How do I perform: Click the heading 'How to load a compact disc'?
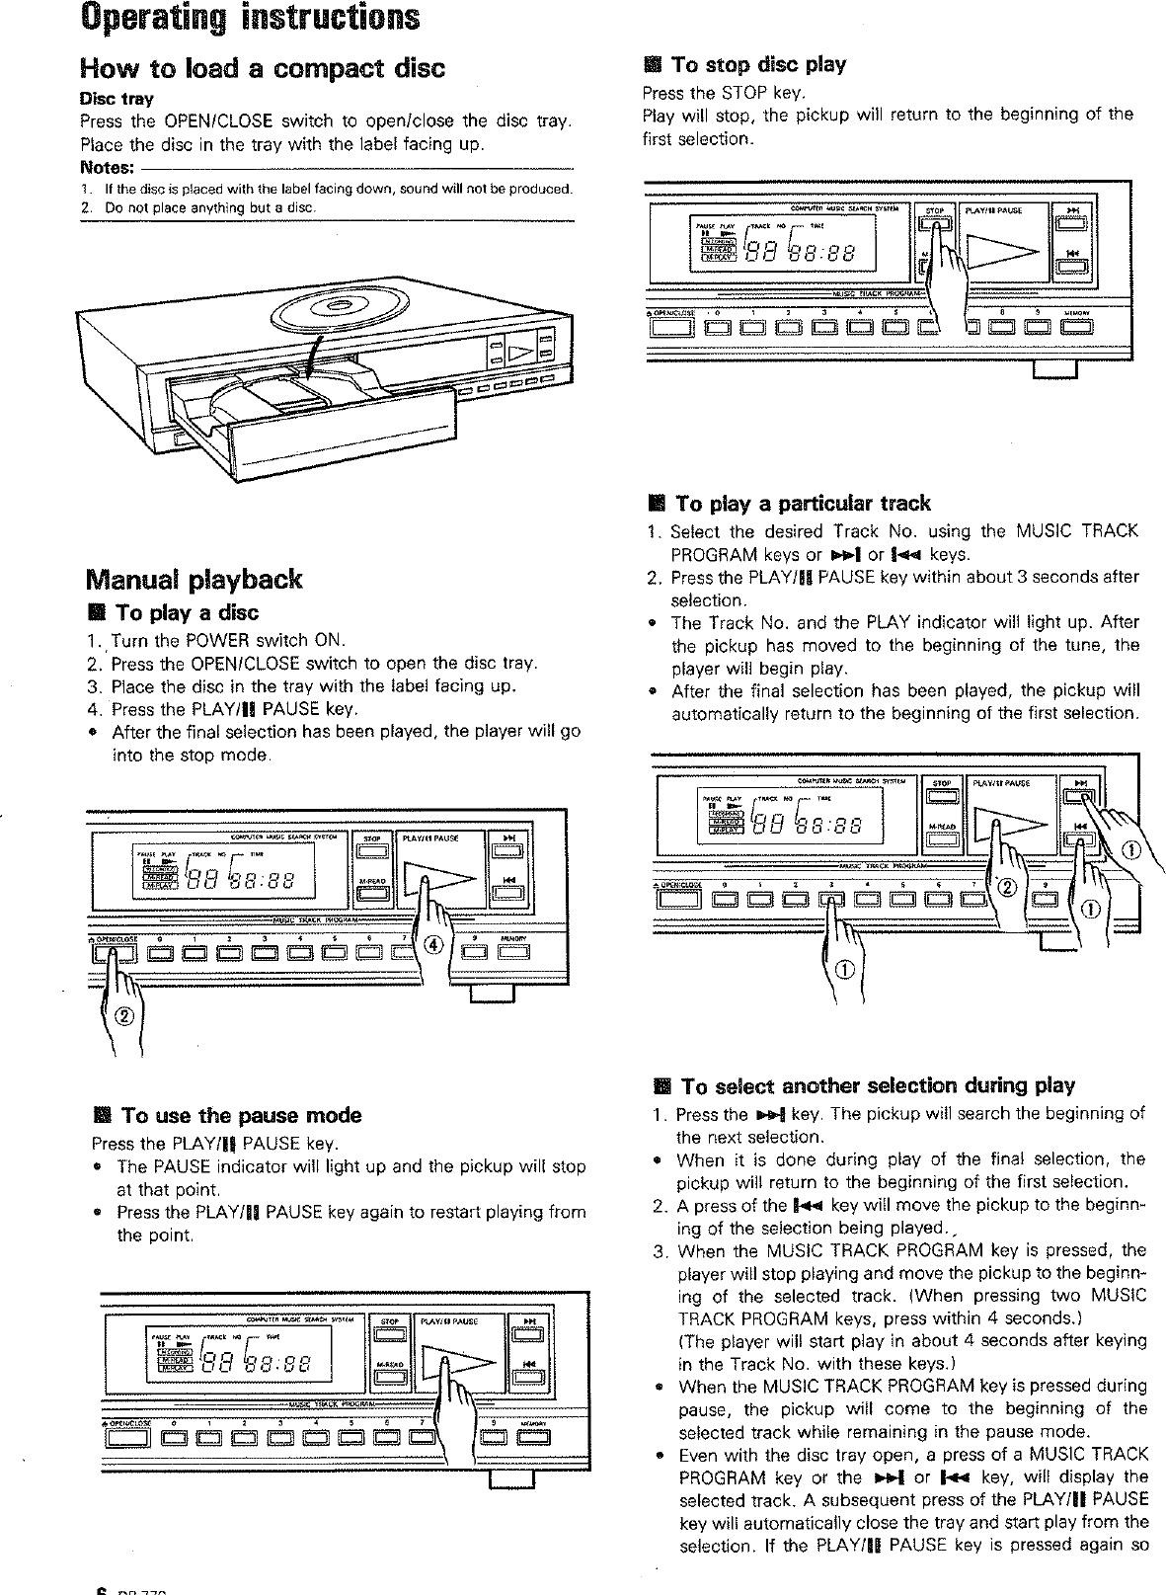262,68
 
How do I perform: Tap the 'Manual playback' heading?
194,579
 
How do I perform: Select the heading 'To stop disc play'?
757,65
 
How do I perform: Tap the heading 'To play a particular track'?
800,504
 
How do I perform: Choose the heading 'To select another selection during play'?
877,1086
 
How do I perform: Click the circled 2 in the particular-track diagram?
1007,886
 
